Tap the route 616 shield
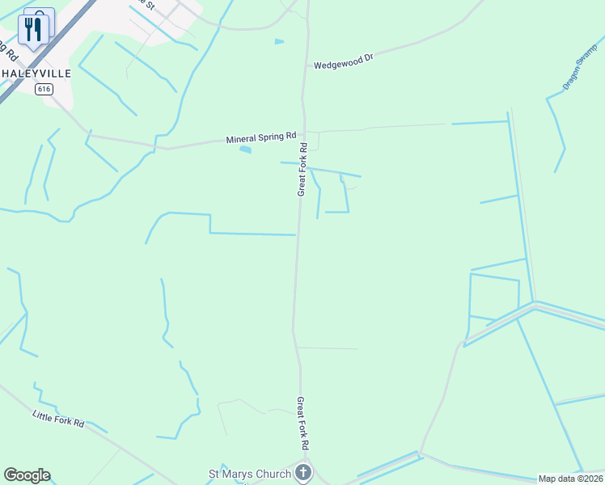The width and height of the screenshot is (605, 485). pyautogui.click(x=44, y=89)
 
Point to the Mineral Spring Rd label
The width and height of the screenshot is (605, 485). pyautogui.click(x=261, y=138)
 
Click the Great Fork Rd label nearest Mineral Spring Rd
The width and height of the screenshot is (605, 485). pyautogui.click(x=303, y=170)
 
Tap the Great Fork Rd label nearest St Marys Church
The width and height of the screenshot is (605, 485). pyautogui.click(x=302, y=423)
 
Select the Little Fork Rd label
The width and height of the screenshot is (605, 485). pyautogui.click(x=58, y=418)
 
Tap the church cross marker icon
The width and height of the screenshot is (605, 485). pyautogui.click(x=303, y=473)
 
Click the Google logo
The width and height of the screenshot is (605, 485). pyautogui.click(x=27, y=475)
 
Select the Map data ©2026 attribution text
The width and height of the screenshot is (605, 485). pyautogui.click(x=570, y=479)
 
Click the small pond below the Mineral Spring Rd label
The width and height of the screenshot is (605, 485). pyautogui.click(x=245, y=150)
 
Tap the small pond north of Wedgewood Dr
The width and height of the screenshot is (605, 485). pyautogui.click(x=279, y=41)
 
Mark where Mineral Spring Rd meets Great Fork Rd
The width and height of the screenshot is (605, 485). pyautogui.click(x=304, y=135)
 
